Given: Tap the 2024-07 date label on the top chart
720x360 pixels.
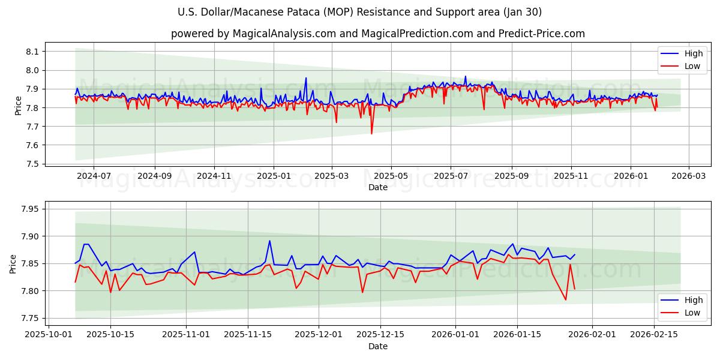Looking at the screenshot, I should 94,176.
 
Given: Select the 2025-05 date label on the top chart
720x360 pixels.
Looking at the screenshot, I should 391,176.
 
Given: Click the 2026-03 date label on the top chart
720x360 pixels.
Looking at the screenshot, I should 688,176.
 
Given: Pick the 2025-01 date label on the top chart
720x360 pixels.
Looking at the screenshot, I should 274,176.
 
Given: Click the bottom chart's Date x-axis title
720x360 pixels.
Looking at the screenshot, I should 377,346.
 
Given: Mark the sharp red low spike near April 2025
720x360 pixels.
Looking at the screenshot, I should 371,133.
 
